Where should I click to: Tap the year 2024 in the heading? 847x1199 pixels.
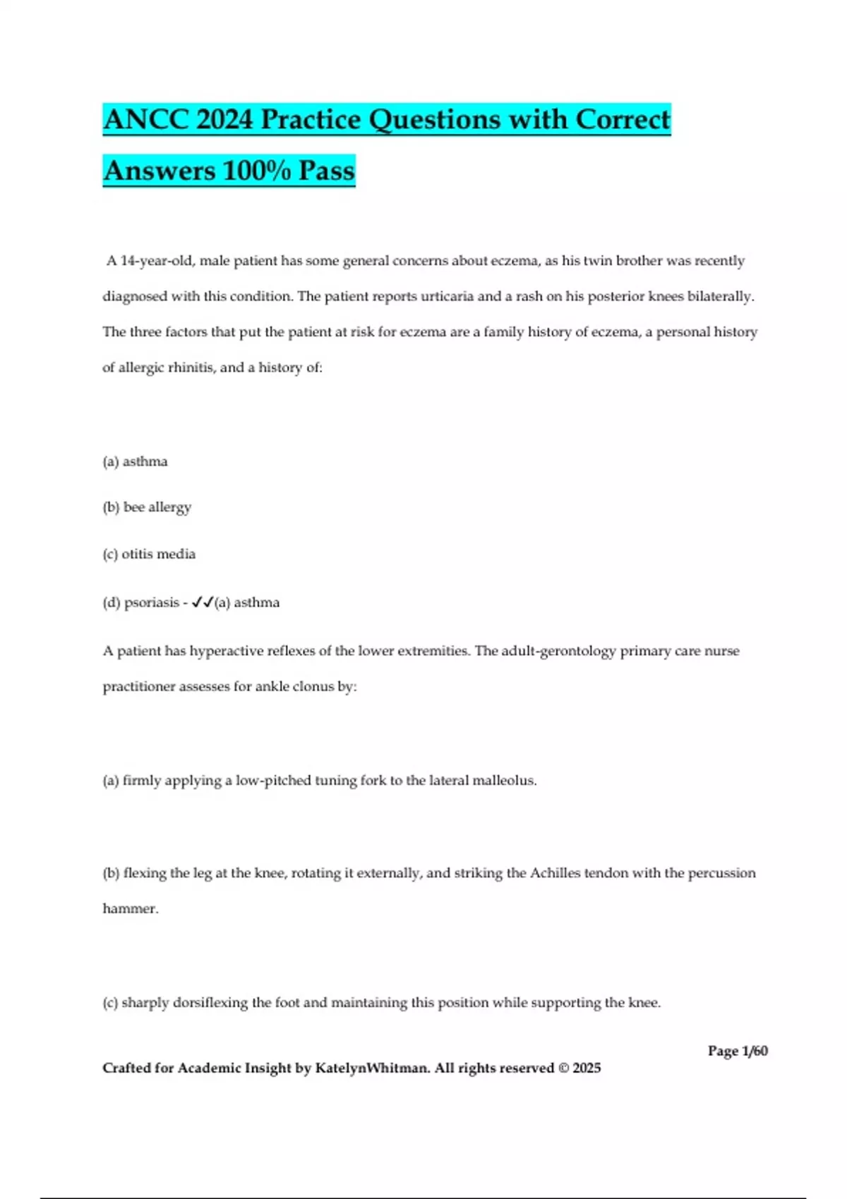[x=224, y=120]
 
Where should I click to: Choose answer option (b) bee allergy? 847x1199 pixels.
[x=147, y=507]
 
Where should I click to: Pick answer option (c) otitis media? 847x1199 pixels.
[x=149, y=554]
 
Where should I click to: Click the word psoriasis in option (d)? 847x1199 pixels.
[x=151, y=603]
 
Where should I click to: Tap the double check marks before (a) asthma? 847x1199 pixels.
[x=202, y=602]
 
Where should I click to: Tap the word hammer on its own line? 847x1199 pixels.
[x=130, y=909]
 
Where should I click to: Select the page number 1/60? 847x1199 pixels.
[x=755, y=1051]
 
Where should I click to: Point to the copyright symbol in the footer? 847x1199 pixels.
[x=563, y=1069]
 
